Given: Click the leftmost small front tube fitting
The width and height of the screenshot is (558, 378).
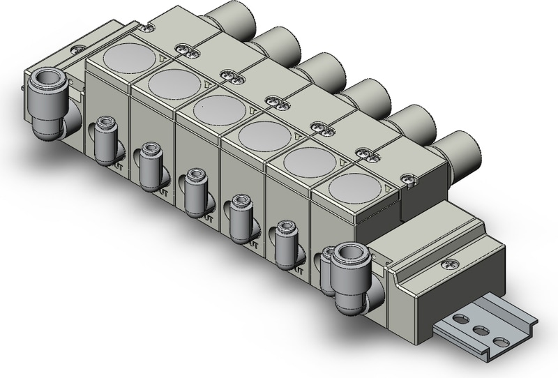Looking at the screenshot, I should (x=105, y=140).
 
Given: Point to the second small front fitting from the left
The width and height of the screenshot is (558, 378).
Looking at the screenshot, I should (x=150, y=167).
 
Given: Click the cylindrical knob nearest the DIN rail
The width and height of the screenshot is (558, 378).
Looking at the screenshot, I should (x=458, y=150).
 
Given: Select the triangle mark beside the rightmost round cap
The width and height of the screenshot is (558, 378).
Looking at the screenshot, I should (x=389, y=189).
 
